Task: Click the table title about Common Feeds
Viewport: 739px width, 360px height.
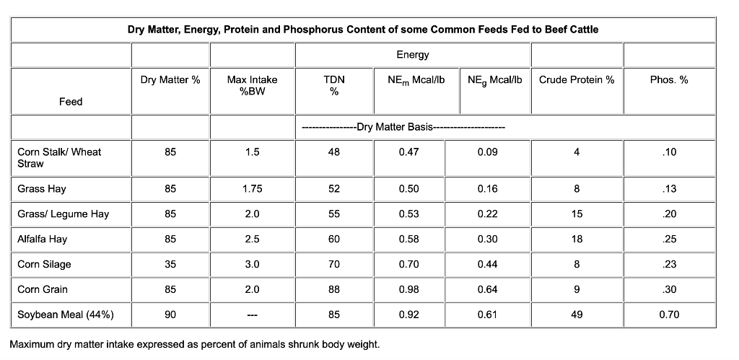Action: point(362,30)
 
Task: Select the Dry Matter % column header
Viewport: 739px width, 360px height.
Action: point(170,79)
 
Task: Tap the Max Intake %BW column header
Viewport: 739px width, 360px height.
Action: point(252,85)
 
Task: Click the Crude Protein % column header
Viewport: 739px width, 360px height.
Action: point(576,79)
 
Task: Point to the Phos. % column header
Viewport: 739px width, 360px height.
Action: point(668,79)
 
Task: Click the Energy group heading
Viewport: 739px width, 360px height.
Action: point(412,55)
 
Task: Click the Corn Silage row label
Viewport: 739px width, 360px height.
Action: point(44,264)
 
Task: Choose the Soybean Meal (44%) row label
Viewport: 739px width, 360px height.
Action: point(65,315)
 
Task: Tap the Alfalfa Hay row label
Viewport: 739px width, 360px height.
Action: point(42,239)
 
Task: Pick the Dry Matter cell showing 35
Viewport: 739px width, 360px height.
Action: point(170,264)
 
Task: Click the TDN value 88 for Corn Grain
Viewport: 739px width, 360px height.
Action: point(333,289)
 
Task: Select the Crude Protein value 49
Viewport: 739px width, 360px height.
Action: point(576,315)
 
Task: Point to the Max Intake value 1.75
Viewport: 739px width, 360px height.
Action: point(252,189)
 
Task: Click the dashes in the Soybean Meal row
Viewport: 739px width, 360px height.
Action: point(252,315)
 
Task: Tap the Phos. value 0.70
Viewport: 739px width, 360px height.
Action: point(668,315)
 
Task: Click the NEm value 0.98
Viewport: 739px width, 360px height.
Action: point(408,289)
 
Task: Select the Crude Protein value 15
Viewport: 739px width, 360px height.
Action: point(576,214)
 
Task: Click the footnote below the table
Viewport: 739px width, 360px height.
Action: point(194,343)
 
